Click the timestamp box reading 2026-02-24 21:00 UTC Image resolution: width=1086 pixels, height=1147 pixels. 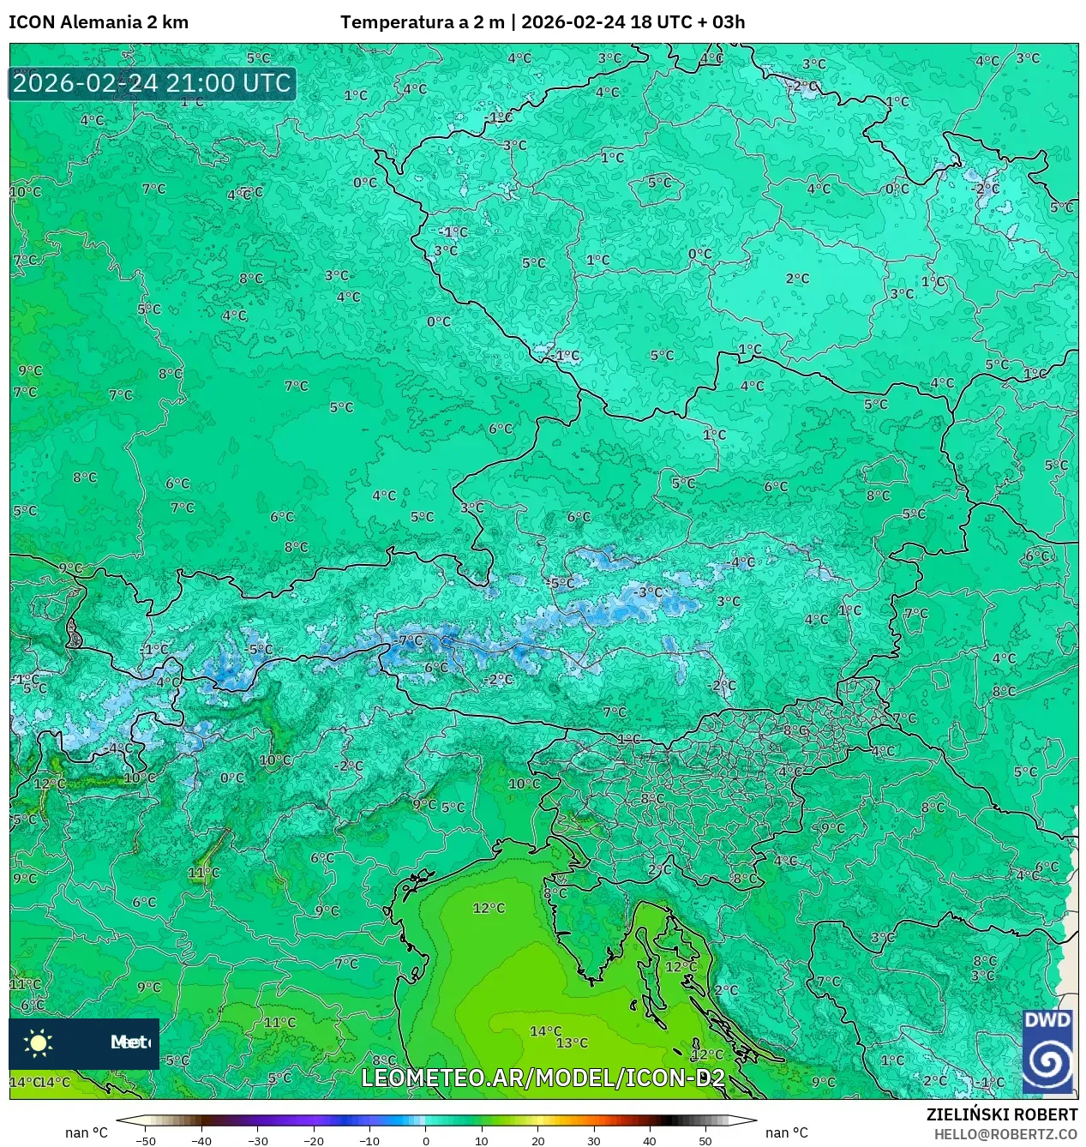click(152, 83)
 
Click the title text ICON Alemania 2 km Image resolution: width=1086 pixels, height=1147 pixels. click(99, 22)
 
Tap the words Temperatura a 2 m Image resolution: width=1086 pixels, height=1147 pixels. click(422, 22)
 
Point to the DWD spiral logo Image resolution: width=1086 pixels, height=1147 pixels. click(1047, 1060)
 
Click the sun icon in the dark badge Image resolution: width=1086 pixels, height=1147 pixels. click(39, 1042)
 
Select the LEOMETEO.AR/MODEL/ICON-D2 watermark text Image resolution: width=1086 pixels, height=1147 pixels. click(543, 1078)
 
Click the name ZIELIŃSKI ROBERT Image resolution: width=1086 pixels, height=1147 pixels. click(1001, 1114)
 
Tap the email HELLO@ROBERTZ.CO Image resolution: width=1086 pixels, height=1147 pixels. click(1005, 1134)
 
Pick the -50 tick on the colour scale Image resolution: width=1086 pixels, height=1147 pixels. click(146, 1140)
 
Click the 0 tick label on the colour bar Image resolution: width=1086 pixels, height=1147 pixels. click(426, 1140)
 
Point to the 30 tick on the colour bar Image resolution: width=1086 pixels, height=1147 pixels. click(594, 1140)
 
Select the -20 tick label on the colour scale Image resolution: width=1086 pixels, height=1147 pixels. click(314, 1140)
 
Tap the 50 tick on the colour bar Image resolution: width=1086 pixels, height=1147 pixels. click(705, 1140)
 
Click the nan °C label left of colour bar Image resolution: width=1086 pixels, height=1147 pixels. click(87, 1132)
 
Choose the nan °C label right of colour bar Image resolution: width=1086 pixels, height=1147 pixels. click(786, 1132)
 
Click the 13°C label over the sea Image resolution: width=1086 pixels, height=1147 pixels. click(572, 1042)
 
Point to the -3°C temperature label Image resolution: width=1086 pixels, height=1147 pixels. click(649, 592)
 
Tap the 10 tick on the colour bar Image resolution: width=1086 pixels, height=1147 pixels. click(482, 1140)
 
